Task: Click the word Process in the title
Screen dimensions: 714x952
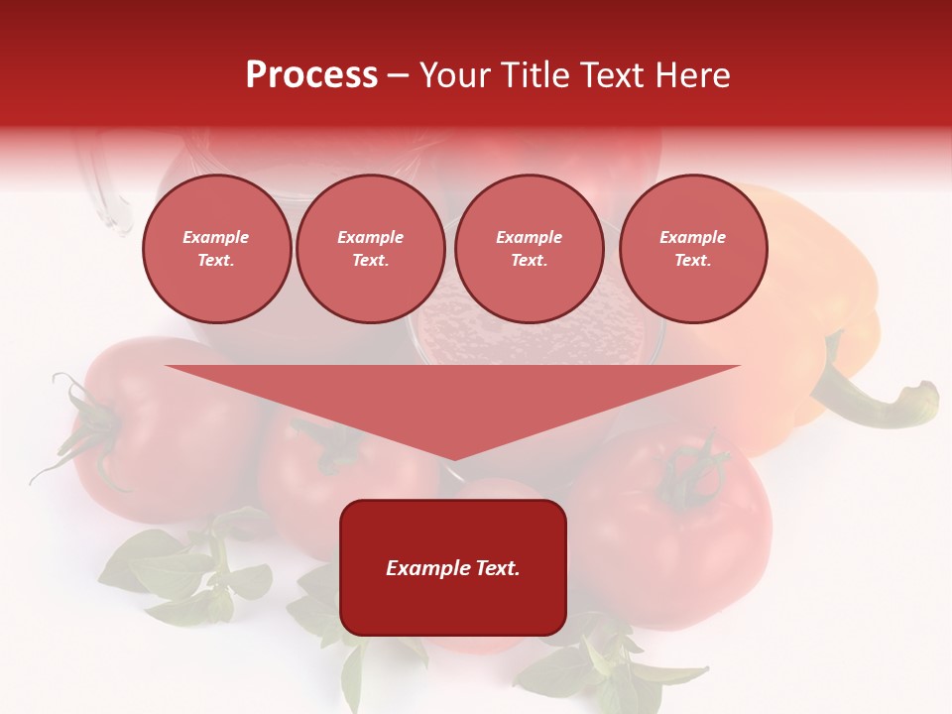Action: click(311, 75)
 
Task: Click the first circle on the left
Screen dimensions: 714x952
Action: click(216, 249)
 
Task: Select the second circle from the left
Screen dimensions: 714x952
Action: click(370, 249)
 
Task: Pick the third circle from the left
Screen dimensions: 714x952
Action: click(529, 249)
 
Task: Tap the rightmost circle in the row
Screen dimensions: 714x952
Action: click(692, 249)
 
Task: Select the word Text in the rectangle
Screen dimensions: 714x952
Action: click(499, 568)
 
